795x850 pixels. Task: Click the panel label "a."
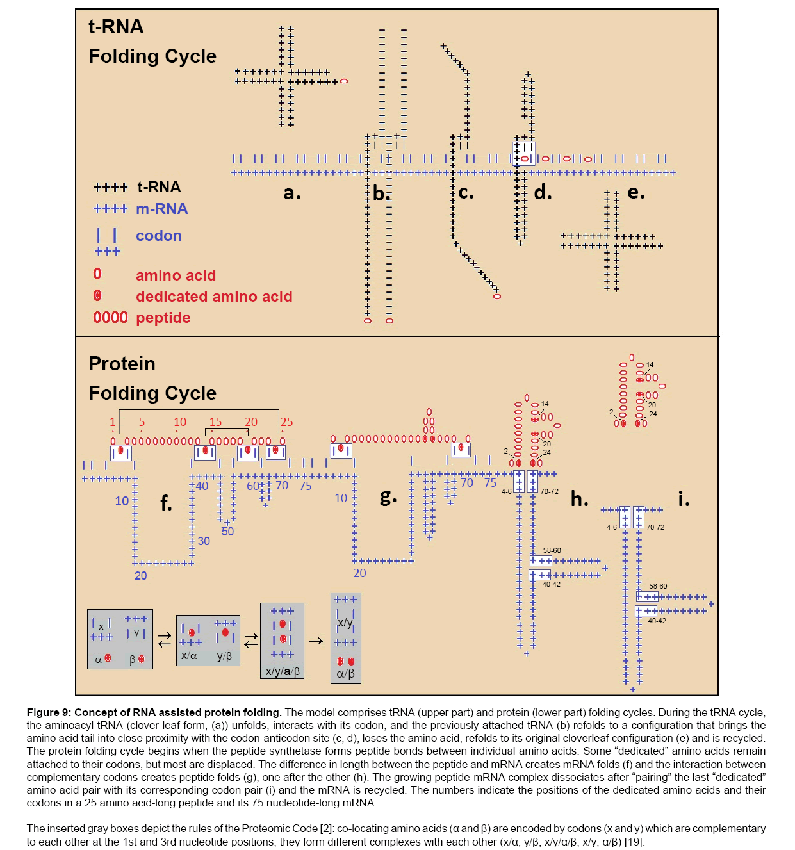tap(291, 192)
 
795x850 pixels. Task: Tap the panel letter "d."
tap(543, 192)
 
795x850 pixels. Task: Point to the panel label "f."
tap(166, 503)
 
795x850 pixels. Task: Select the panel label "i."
tap(684, 499)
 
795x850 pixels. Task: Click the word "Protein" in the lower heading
tap(122, 364)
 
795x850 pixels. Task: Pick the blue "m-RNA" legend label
tap(161, 209)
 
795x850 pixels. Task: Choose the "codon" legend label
tap(158, 236)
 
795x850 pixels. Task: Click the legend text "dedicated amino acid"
tap(214, 297)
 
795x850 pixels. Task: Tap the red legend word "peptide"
tap(163, 318)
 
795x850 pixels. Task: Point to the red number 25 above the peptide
tap(286, 422)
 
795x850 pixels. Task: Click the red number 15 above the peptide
tap(215, 422)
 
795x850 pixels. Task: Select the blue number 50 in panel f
tap(227, 532)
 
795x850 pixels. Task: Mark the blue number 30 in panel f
tap(204, 541)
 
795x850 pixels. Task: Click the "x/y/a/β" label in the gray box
tap(283, 671)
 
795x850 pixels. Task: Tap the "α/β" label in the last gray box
tap(345, 674)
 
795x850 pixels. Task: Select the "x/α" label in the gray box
tap(189, 656)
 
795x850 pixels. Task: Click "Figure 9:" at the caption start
tap(49, 712)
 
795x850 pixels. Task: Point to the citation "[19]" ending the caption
tap(634, 842)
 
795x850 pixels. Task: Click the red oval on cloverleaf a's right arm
tap(344, 81)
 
